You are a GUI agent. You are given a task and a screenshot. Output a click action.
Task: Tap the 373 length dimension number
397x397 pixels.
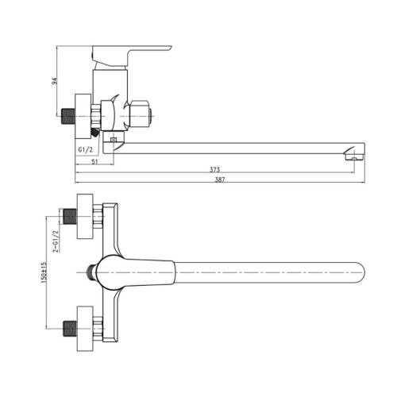click(x=214, y=170)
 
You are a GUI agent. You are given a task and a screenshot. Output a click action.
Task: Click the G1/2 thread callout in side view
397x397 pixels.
click(x=87, y=148)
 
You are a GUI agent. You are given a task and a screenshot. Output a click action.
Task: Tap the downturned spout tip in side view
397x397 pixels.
click(x=353, y=152)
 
